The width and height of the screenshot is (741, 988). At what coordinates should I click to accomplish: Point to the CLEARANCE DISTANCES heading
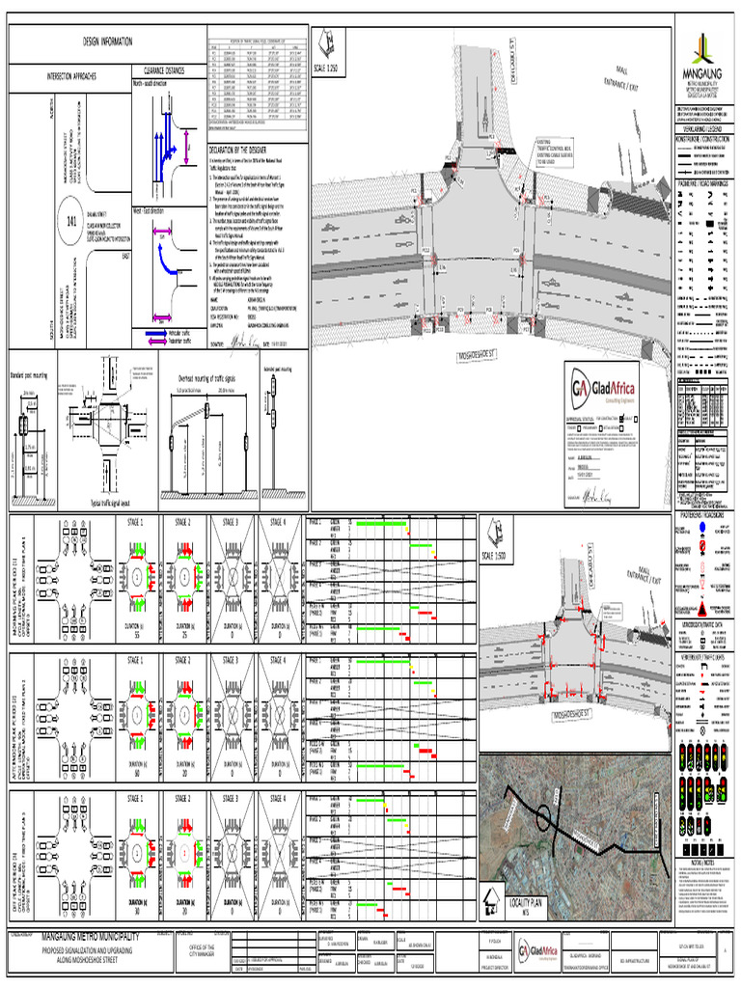pos(165,70)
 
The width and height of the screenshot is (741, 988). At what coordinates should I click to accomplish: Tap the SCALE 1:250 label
pos(326,69)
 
